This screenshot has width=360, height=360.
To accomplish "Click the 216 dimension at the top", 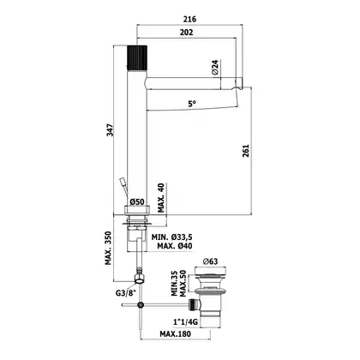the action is click(x=190, y=19).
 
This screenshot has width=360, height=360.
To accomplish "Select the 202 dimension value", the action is click(x=186, y=33).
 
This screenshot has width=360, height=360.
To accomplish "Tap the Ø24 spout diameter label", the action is click(x=215, y=67).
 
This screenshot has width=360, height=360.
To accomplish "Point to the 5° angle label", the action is click(x=192, y=104).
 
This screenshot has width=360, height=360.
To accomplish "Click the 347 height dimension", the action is click(x=110, y=130).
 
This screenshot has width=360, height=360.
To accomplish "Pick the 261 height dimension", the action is click(x=246, y=151).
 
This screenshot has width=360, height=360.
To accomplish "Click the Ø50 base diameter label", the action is click(x=137, y=202).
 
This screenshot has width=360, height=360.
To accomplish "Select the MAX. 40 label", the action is click(x=161, y=198).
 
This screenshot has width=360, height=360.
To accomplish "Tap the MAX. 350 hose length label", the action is click(x=108, y=248).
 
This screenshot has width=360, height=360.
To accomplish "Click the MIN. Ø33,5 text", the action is click(x=172, y=237).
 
